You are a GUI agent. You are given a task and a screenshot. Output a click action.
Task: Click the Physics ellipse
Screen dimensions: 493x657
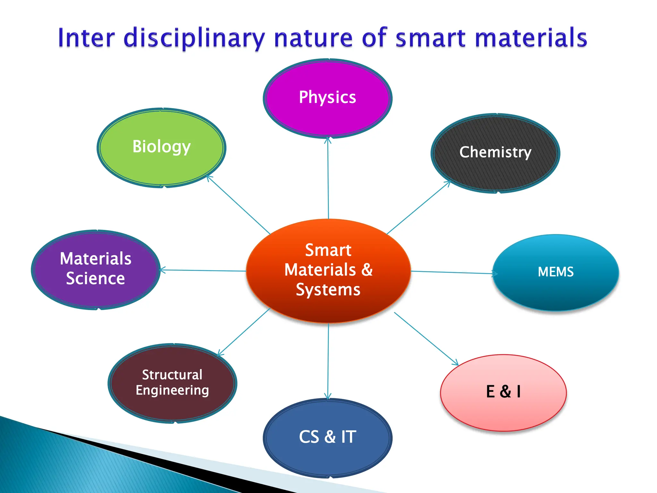pos(328,98)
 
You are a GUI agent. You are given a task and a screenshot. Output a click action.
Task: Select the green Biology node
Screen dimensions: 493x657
pos(161,147)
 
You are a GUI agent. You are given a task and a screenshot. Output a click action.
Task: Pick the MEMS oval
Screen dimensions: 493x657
pos(556,272)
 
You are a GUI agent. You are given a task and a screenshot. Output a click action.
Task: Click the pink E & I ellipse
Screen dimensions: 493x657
pos(503,392)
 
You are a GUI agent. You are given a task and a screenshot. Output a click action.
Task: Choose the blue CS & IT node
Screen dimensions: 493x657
pos(328,437)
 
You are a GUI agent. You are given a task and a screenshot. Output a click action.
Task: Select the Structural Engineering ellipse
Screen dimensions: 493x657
pos(172,383)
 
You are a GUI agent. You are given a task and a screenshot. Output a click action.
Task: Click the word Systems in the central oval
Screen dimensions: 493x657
pos(328,290)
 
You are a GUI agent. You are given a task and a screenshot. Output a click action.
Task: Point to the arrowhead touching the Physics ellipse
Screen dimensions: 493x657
pos(328,140)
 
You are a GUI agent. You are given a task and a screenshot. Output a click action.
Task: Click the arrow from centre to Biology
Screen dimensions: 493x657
pos(239,205)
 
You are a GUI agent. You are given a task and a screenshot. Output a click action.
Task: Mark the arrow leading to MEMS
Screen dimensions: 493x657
pos(452,272)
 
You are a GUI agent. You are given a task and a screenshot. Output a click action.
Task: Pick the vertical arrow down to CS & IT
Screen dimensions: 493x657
pos(328,361)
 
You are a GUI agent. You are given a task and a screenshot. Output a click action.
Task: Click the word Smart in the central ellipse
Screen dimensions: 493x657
pos(328,250)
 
